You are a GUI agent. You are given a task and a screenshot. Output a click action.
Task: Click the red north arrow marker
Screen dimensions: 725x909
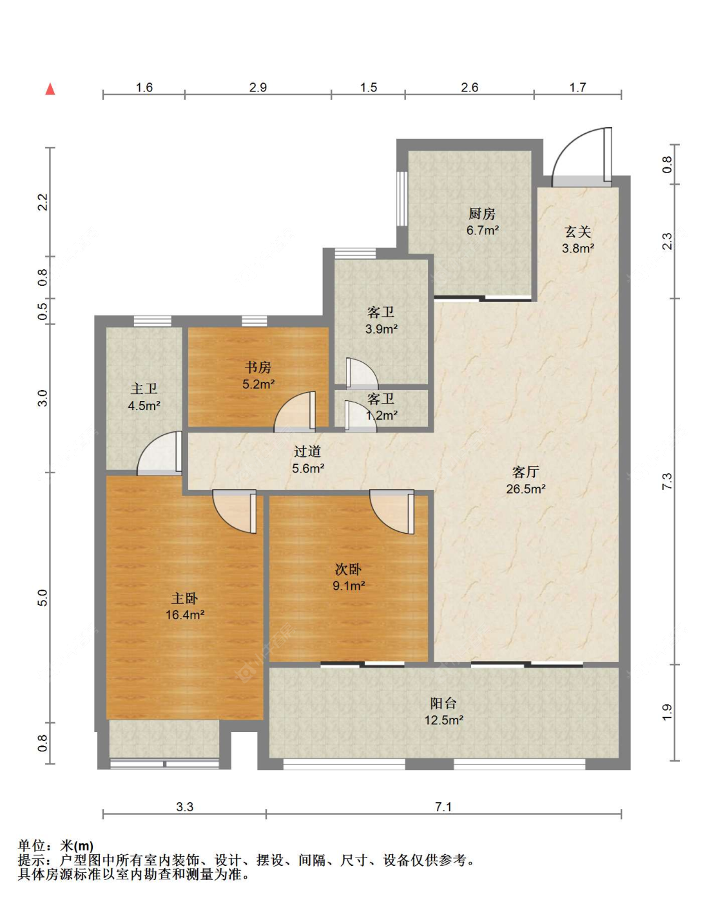click(x=50, y=89)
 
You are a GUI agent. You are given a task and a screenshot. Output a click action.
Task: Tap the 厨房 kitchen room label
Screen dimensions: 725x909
click(x=481, y=214)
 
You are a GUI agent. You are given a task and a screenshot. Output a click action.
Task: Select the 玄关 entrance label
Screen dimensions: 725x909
click(x=577, y=232)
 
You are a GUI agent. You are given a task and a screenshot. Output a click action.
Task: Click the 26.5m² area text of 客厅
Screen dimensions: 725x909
click(x=525, y=489)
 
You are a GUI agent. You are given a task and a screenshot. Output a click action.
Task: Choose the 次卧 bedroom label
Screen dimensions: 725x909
click(x=348, y=569)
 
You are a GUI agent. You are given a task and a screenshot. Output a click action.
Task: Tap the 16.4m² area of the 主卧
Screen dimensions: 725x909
click(x=185, y=615)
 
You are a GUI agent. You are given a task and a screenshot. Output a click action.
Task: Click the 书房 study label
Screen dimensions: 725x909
click(x=258, y=367)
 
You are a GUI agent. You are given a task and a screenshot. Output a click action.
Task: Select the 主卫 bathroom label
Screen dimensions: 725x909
click(x=144, y=389)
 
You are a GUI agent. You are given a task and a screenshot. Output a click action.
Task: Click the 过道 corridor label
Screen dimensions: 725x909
click(x=307, y=451)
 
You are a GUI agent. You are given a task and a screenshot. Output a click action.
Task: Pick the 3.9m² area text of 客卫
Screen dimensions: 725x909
click(x=381, y=328)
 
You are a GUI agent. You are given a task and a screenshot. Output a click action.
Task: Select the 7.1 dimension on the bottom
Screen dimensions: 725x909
click(x=443, y=807)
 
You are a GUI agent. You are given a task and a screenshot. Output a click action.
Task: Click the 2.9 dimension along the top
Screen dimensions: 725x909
click(x=258, y=88)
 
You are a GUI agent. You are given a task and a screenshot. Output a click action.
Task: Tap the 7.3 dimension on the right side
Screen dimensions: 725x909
click(x=666, y=482)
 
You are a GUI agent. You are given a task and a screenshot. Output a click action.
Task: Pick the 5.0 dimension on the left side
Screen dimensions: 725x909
click(x=43, y=597)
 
